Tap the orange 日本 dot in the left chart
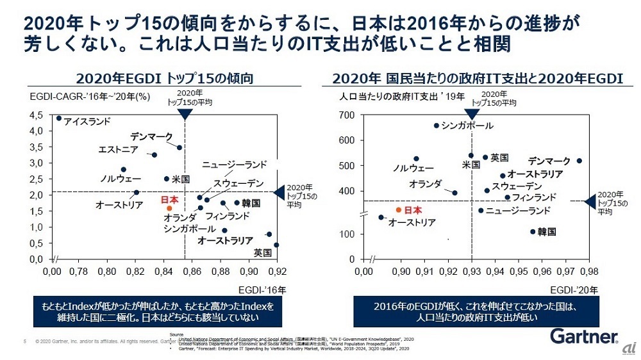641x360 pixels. point(169,208)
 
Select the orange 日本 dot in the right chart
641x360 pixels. point(398,209)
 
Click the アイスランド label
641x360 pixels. point(87,120)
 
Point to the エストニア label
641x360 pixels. point(118,149)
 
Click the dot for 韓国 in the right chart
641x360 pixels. point(533,232)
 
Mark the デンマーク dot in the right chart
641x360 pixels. point(579,161)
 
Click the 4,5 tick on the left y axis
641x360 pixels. point(36,115)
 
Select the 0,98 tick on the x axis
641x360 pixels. point(589,271)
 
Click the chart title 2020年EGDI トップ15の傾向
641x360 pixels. point(165,79)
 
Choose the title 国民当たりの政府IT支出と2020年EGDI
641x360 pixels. point(478,79)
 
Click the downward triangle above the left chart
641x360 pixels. point(185,114)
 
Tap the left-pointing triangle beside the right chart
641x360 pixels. point(591,201)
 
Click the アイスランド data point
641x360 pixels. point(59,118)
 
